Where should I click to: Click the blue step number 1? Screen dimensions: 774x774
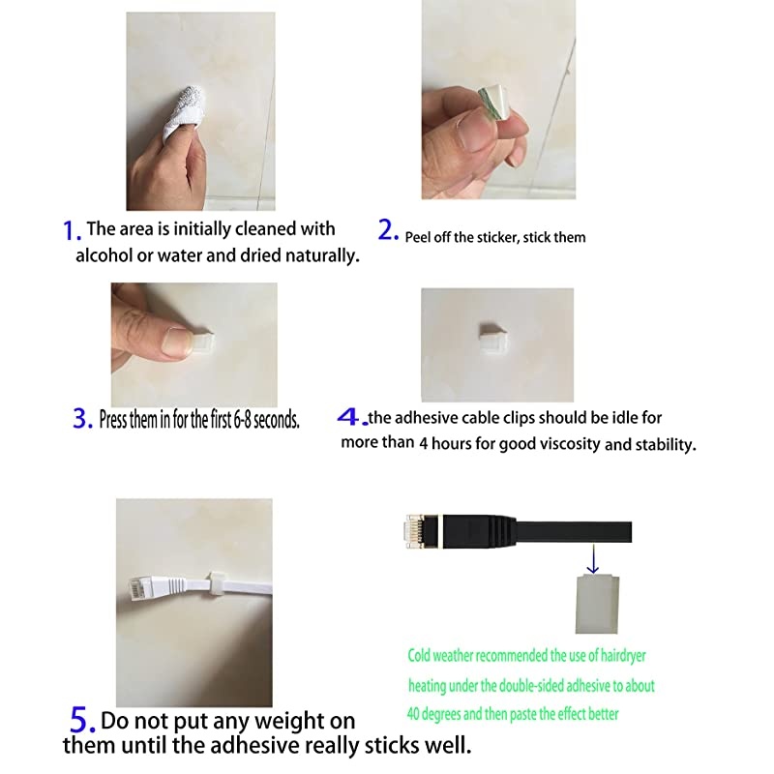pos(72,231)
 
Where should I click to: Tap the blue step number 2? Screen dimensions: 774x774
pos(388,229)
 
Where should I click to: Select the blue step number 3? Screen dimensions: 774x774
pos(82,419)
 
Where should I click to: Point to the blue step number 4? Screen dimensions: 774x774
pos(352,417)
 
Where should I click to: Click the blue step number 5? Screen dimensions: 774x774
pos(82,720)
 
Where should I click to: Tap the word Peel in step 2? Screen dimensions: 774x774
pos(417,237)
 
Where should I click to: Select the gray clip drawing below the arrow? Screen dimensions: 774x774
pos(597,604)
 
